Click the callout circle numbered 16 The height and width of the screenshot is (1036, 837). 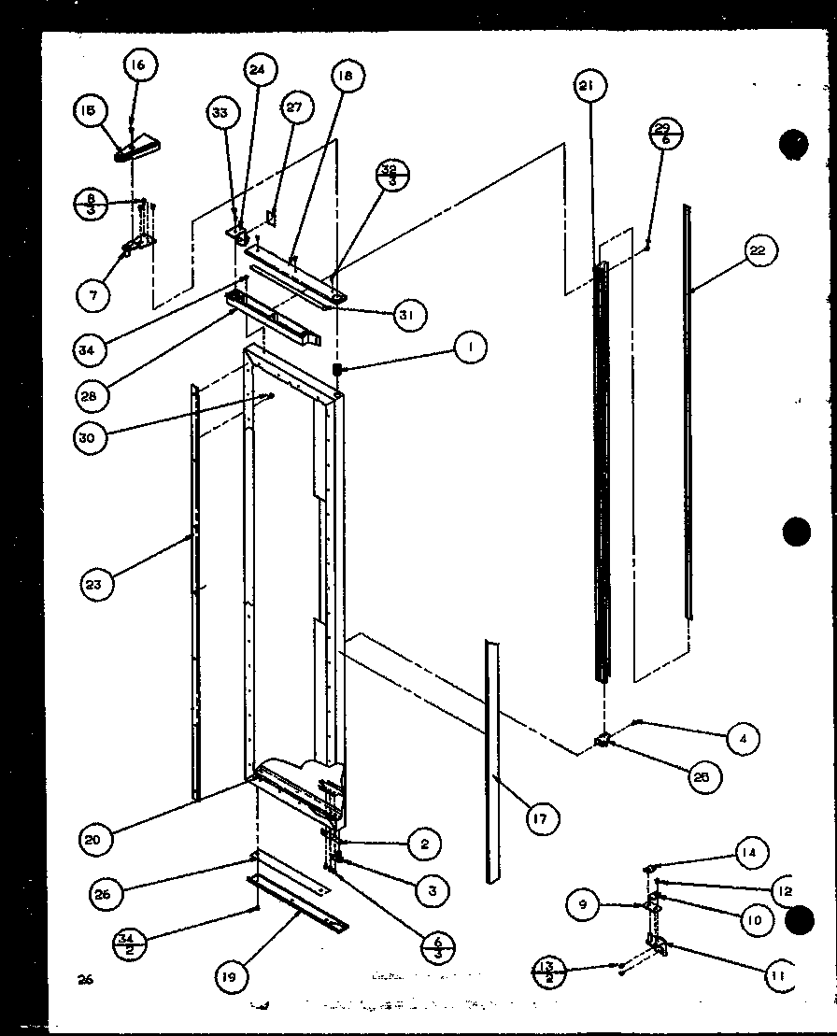pos(138,65)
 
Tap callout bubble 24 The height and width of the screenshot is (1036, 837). pos(258,69)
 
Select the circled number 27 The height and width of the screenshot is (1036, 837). pos(294,107)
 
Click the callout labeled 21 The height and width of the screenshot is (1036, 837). pos(588,87)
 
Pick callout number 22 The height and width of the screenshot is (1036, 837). pos(758,250)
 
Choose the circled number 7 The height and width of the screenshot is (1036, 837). pos(93,294)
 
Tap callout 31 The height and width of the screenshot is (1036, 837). pos(405,315)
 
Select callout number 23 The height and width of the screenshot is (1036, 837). pos(96,585)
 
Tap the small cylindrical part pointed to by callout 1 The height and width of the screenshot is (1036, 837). pos(337,371)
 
